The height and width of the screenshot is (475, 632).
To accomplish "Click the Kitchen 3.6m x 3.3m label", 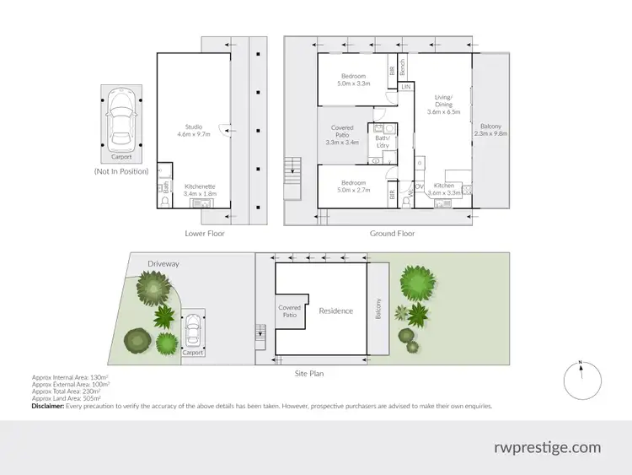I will [444, 190].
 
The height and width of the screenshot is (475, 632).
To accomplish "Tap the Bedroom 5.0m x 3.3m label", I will [353, 80].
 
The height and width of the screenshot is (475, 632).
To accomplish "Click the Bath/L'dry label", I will [383, 142].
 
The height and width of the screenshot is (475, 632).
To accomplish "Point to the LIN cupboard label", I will [406, 87].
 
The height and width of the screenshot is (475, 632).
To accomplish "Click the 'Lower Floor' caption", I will [205, 234].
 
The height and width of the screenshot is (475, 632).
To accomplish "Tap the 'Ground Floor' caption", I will [393, 234].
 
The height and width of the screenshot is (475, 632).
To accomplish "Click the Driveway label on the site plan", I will [163, 264].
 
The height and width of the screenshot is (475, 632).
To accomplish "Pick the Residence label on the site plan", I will [336, 311].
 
